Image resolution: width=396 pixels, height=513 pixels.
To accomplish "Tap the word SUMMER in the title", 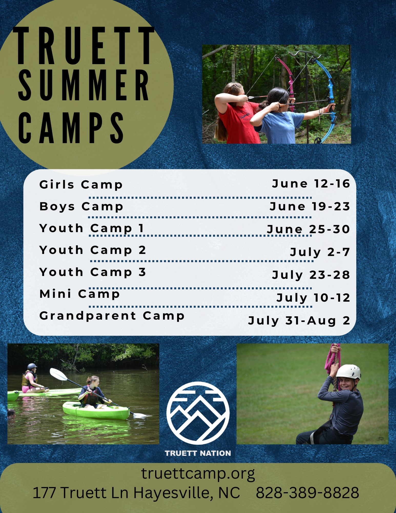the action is [x=84, y=85].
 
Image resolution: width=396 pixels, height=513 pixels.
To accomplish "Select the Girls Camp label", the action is [x=81, y=185].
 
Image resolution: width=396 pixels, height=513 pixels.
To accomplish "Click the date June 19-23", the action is [x=310, y=206].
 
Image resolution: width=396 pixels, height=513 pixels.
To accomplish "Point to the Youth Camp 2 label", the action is [x=93, y=250].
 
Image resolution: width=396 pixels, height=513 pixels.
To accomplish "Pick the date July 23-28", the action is [x=311, y=275].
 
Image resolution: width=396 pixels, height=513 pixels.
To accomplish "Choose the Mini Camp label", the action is [x=80, y=294].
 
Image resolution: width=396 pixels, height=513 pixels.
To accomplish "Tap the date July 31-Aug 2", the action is [x=299, y=321].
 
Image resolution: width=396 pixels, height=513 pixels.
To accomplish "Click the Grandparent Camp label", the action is [x=112, y=316].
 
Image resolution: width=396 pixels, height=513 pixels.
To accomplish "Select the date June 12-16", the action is [x=311, y=184].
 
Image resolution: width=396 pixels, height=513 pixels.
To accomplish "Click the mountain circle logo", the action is [x=198, y=413].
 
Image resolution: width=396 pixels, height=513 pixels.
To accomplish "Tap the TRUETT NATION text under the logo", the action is [x=198, y=453].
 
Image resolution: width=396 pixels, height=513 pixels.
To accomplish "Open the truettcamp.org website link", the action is [x=198, y=473].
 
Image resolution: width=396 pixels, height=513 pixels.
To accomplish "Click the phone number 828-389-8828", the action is [x=308, y=493].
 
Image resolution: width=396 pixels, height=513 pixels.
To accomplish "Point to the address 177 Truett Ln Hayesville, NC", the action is [x=136, y=493].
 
